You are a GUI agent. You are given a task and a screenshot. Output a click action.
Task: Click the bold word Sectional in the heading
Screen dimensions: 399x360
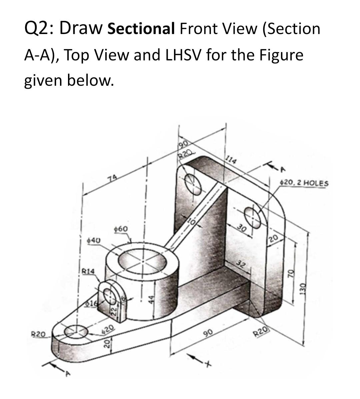tap(141, 29)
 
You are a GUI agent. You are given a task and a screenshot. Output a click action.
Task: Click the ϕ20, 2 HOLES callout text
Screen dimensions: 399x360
tap(304, 183)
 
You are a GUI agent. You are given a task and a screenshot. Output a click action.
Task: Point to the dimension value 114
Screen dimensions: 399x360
tap(231, 160)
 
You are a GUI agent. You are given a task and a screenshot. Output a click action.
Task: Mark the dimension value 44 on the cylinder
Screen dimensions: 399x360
tap(151, 300)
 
